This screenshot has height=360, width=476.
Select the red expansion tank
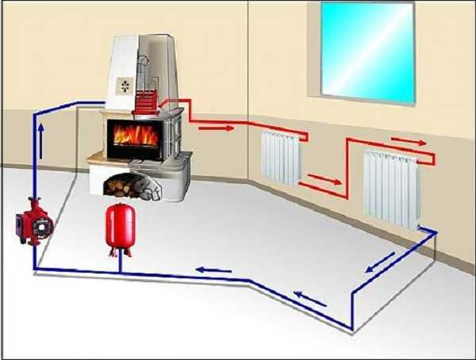[x=119, y=223]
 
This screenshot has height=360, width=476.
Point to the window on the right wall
[x=367, y=52]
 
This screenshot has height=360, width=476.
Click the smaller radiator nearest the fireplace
[x=280, y=157]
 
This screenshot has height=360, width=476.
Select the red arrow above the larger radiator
[x=408, y=143]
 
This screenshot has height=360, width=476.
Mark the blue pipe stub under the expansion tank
[x=120, y=263]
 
